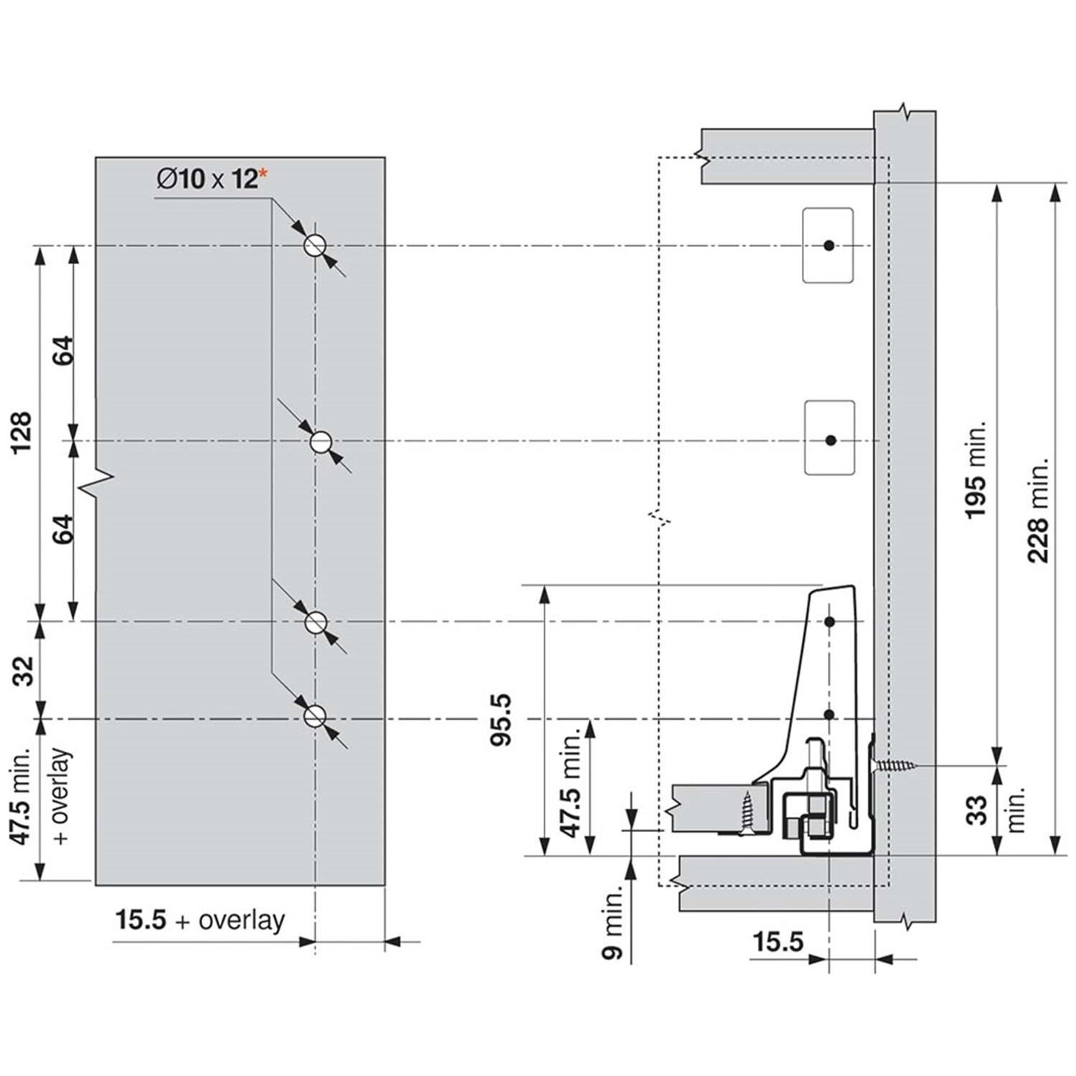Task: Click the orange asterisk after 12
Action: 263,171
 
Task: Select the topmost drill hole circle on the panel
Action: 314,246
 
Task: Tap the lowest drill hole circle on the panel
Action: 314,717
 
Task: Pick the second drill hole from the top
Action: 321,441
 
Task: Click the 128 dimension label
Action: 22,432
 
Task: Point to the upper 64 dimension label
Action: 63,350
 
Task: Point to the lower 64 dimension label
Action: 63,529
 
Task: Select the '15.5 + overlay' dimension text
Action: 200,920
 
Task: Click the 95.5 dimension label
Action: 501,719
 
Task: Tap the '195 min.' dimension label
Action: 976,470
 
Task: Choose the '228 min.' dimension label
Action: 1039,509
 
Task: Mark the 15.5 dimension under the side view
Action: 778,941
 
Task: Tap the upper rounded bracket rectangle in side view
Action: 828,245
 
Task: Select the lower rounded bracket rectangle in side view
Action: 829,438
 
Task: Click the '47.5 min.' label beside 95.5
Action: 571,785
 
